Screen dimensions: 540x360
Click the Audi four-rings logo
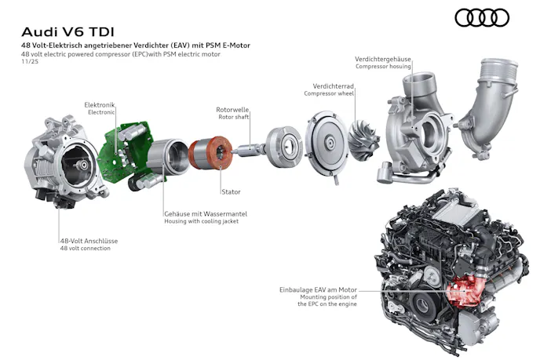click(x=482, y=17)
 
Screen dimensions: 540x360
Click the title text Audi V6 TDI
click(x=67, y=32)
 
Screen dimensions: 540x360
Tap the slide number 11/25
click(x=30, y=62)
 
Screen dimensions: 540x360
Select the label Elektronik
click(x=99, y=105)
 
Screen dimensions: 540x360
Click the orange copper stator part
click(x=210, y=152)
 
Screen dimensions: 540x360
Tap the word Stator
click(x=231, y=191)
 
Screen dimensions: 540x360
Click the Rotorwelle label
click(x=232, y=110)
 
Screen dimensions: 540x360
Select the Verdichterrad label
click(x=333, y=86)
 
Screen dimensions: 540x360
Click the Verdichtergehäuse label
click(x=382, y=59)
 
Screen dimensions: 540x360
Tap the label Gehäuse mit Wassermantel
click(x=206, y=214)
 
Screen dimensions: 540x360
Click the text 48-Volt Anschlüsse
click(x=89, y=241)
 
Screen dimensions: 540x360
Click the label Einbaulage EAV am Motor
click(x=318, y=289)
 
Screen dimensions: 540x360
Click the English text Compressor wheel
click(x=329, y=93)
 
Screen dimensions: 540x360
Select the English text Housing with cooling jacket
click(x=201, y=221)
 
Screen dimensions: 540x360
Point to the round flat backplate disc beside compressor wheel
click(x=326, y=144)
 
